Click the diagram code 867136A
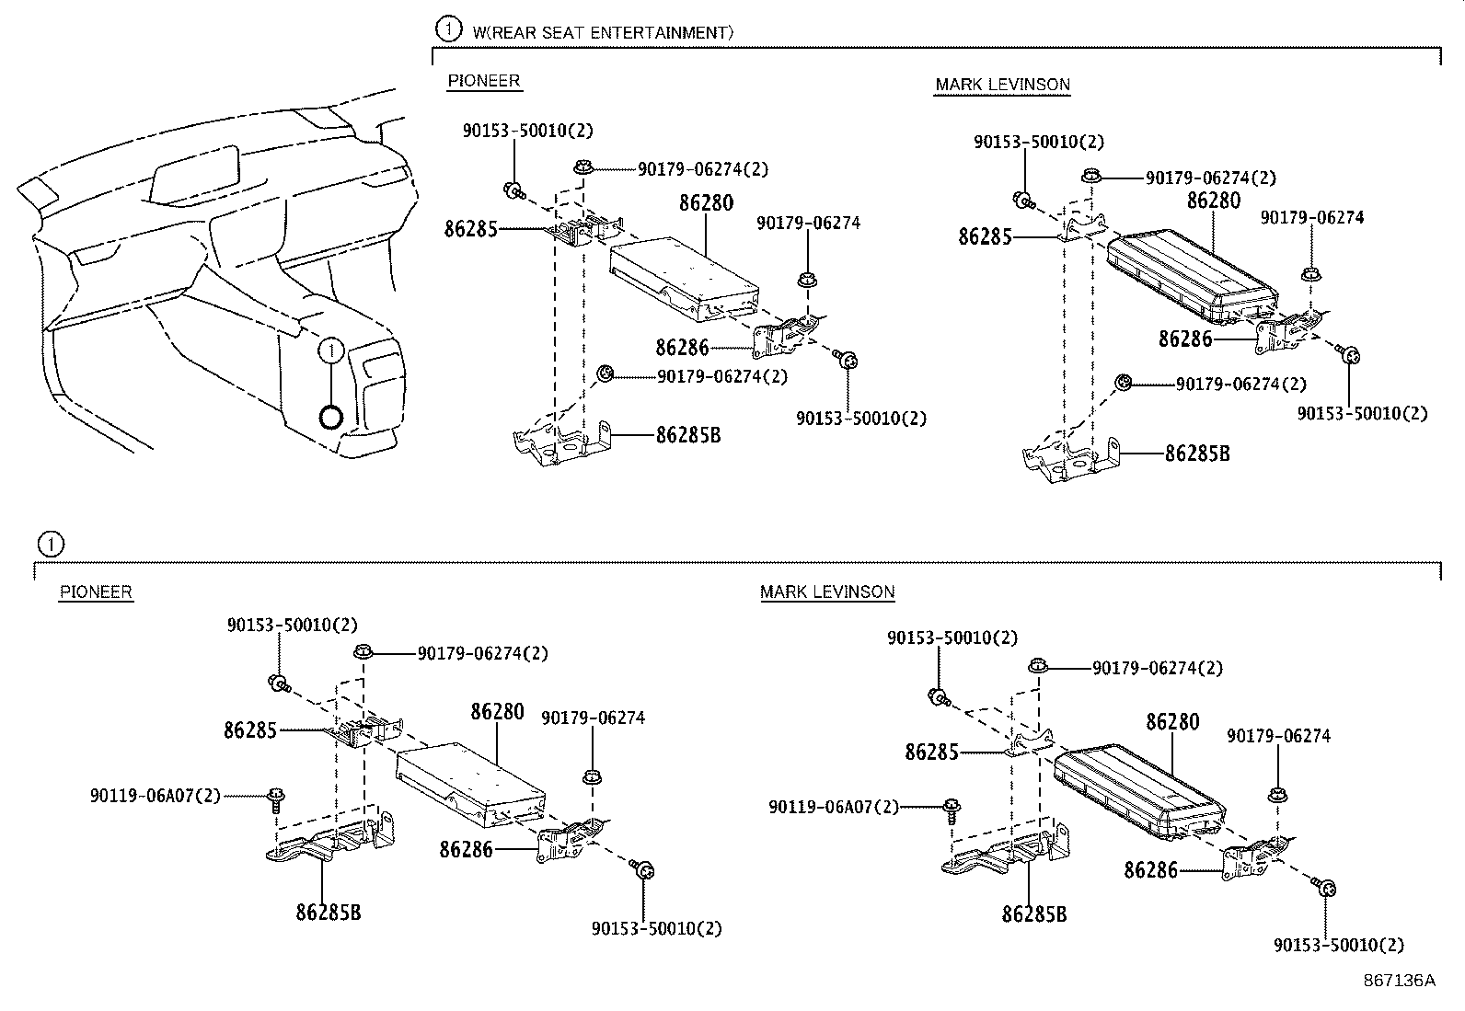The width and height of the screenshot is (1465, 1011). point(1399,980)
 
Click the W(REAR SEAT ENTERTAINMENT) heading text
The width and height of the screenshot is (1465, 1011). point(603,32)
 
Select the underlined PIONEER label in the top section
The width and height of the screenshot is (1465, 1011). point(484,81)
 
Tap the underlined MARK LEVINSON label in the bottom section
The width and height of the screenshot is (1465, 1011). point(827,592)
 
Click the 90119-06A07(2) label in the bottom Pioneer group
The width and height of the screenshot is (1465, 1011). point(156,796)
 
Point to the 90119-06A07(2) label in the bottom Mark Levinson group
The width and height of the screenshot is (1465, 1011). point(834,807)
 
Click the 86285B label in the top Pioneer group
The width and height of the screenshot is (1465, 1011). point(688,435)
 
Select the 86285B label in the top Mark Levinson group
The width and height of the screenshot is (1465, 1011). point(1197,454)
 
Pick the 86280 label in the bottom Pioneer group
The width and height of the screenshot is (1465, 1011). point(497,712)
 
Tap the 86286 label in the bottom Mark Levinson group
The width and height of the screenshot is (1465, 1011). point(1150,869)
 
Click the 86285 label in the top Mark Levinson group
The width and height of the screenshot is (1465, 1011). point(985,236)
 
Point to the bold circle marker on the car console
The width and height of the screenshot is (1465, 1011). point(330,418)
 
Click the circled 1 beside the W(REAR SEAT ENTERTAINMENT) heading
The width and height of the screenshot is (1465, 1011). point(448,29)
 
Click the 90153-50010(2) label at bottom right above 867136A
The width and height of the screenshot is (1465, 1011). point(1339,945)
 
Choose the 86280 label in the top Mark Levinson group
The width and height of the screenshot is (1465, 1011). point(1213,201)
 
